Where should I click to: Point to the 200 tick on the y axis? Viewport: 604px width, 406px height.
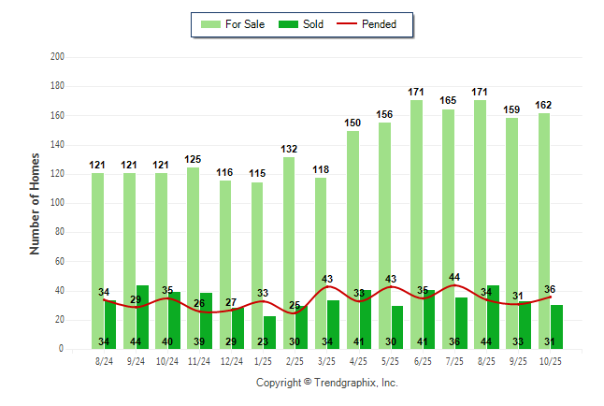(58, 57)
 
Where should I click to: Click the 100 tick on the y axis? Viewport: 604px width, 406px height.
(58, 203)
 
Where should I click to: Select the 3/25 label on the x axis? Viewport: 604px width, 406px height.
(327, 360)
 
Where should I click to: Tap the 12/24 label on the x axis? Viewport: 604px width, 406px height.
(232, 360)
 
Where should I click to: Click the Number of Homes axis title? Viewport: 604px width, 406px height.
(36, 203)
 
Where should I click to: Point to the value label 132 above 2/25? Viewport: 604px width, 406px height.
(289, 149)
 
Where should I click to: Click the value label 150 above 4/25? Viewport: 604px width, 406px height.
(352, 123)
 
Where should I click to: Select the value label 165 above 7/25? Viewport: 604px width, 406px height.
(448, 100)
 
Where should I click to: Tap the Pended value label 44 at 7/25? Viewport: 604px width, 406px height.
(454, 277)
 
